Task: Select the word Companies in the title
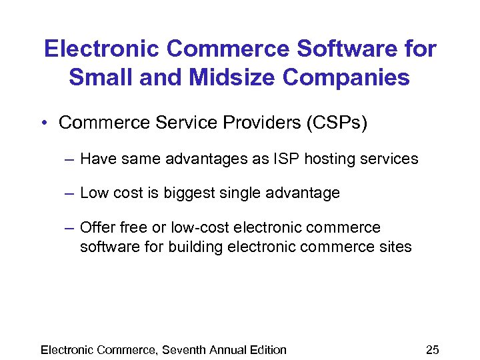coord(346,77)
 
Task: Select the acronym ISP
coord(281,159)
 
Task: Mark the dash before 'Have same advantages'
coord(70,159)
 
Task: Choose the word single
coord(247,193)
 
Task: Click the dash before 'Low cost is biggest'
coord(70,194)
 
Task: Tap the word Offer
coord(97,227)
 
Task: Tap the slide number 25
coord(432,349)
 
